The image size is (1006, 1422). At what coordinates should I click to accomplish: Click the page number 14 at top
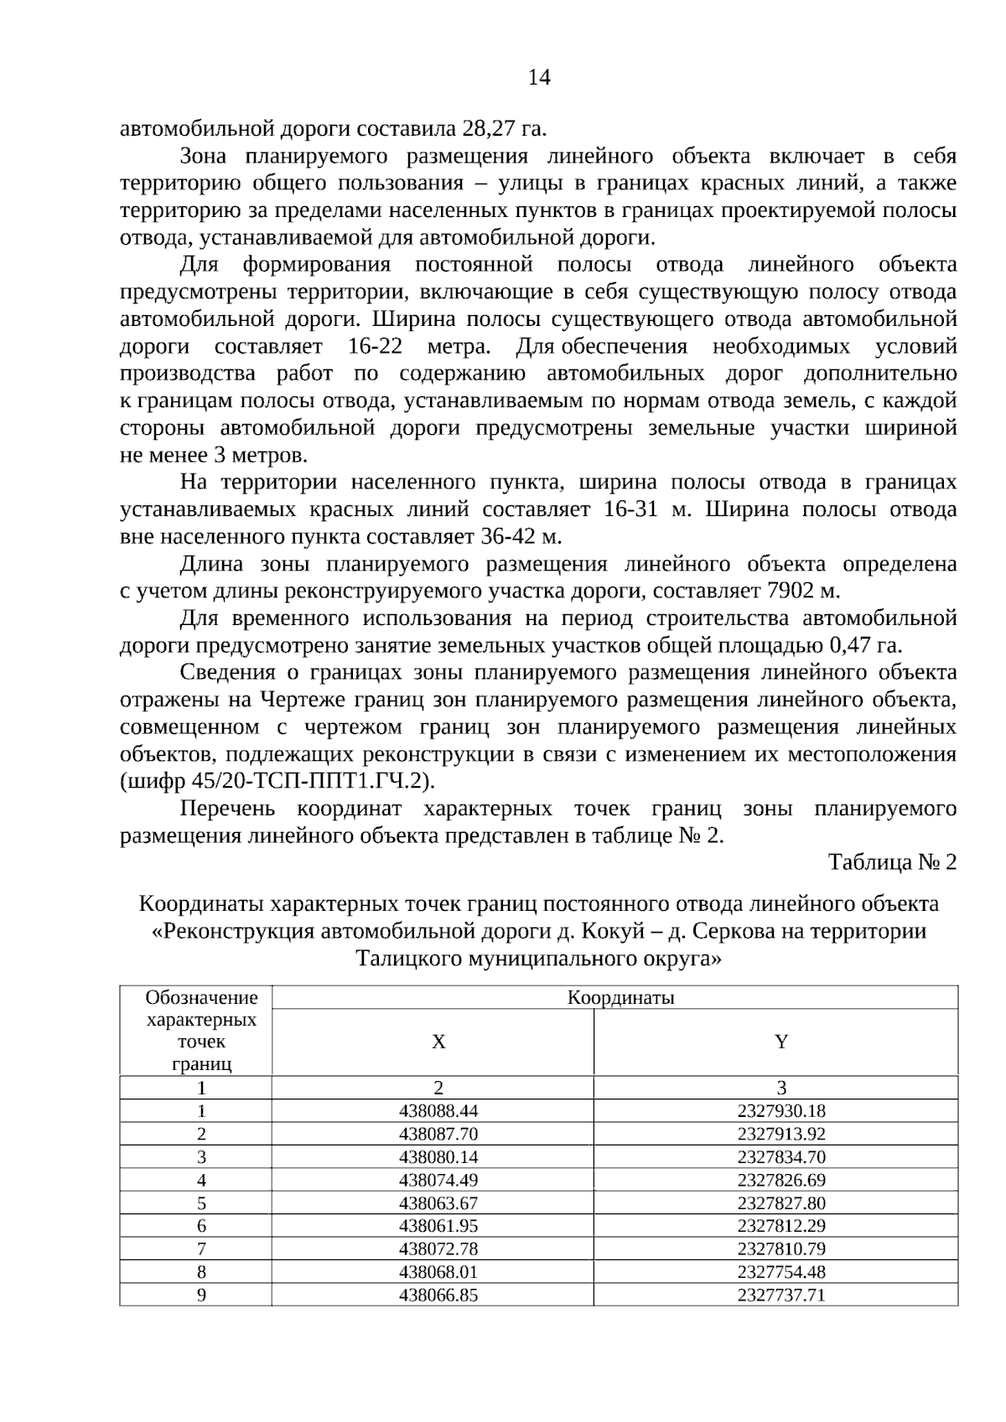click(x=539, y=78)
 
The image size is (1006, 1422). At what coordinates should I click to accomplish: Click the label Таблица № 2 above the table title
click(x=892, y=862)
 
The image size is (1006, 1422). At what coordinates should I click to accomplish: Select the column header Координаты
click(x=621, y=998)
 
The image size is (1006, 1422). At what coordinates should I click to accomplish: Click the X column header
click(x=438, y=1042)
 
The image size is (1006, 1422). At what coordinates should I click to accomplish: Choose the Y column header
click(x=781, y=1042)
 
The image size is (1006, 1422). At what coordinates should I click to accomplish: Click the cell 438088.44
click(x=438, y=1112)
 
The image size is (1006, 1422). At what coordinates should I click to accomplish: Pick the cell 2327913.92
click(x=781, y=1135)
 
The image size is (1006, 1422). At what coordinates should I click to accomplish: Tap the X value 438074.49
click(x=438, y=1181)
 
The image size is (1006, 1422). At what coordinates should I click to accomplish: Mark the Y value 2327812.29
click(x=781, y=1226)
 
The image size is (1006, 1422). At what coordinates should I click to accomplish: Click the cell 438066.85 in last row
click(x=438, y=1295)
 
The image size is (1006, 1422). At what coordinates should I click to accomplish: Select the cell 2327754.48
click(x=781, y=1272)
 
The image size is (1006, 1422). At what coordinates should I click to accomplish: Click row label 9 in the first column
click(x=201, y=1295)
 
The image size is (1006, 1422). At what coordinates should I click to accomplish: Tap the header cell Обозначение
click(x=201, y=998)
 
